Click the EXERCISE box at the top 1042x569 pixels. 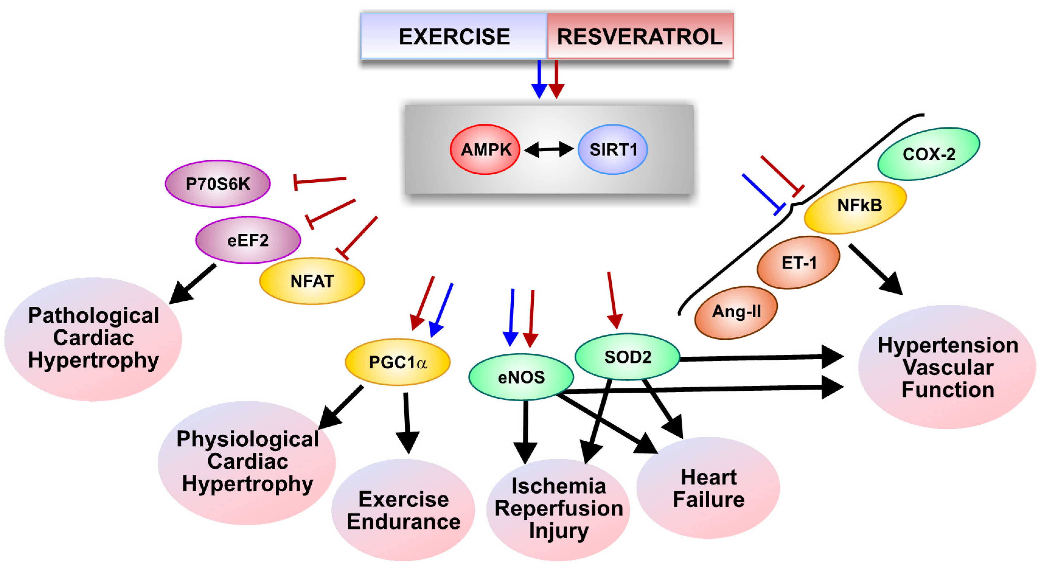point(454,36)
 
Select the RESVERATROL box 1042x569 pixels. point(640,36)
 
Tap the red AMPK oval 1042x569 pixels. point(485,150)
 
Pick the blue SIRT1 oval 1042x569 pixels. point(613,150)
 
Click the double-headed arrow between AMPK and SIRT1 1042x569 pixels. point(548,150)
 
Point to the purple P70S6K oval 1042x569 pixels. point(218,184)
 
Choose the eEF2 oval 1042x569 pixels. point(248,240)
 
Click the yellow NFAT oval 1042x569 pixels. point(312,281)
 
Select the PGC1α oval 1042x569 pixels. point(397,362)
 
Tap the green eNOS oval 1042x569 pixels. point(521,377)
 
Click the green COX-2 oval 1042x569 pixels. point(929,154)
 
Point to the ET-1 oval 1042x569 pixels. point(798,263)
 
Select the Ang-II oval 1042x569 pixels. point(736,312)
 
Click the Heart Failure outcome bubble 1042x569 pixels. point(708,488)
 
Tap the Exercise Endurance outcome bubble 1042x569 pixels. point(403,510)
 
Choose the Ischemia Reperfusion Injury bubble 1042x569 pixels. point(558,509)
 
